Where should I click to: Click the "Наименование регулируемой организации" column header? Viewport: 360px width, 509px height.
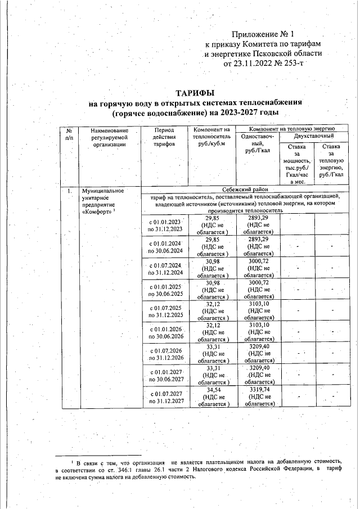[x=109, y=137]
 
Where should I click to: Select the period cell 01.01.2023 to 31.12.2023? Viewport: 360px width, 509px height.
[x=165, y=225]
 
